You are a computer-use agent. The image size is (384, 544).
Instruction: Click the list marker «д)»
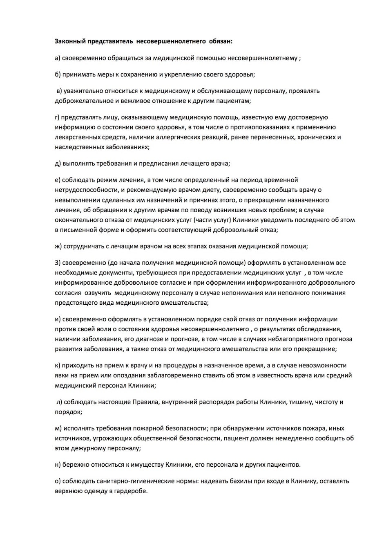click(58, 164)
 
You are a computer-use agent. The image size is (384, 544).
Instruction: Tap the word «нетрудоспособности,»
click(84, 190)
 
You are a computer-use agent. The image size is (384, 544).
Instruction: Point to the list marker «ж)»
click(58, 246)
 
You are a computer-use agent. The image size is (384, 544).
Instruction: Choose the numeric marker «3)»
click(58, 263)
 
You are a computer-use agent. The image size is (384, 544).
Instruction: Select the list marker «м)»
click(58, 428)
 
